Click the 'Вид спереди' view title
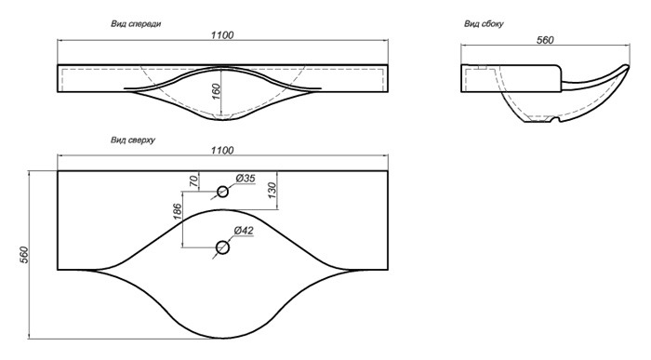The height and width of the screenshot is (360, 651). click(x=136, y=23)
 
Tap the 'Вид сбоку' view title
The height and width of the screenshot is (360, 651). click(x=484, y=23)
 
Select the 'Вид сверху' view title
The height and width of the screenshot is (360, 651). click(x=133, y=140)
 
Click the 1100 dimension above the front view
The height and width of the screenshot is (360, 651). click(x=222, y=34)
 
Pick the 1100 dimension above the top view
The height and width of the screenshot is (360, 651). click(x=222, y=150)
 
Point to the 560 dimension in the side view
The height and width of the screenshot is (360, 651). click(x=545, y=40)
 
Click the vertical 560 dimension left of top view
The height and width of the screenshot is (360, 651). click(x=24, y=255)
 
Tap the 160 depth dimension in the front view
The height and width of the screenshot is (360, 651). click(x=216, y=92)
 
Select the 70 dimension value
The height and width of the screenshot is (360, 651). click(x=193, y=180)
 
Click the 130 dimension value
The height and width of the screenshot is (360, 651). click(x=272, y=191)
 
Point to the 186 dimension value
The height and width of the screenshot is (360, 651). click(x=177, y=211)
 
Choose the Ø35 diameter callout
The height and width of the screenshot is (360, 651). click(x=246, y=179)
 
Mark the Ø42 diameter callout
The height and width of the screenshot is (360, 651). click(x=244, y=230)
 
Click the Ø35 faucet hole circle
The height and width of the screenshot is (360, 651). click(x=223, y=192)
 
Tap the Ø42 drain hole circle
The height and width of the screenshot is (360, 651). click(x=223, y=247)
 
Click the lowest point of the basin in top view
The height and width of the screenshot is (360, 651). click(x=223, y=338)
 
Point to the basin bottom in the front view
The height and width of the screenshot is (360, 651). click(x=223, y=120)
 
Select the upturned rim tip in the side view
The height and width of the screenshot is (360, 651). click(x=628, y=66)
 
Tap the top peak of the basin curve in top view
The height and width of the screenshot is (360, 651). click(x=223, y=209)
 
